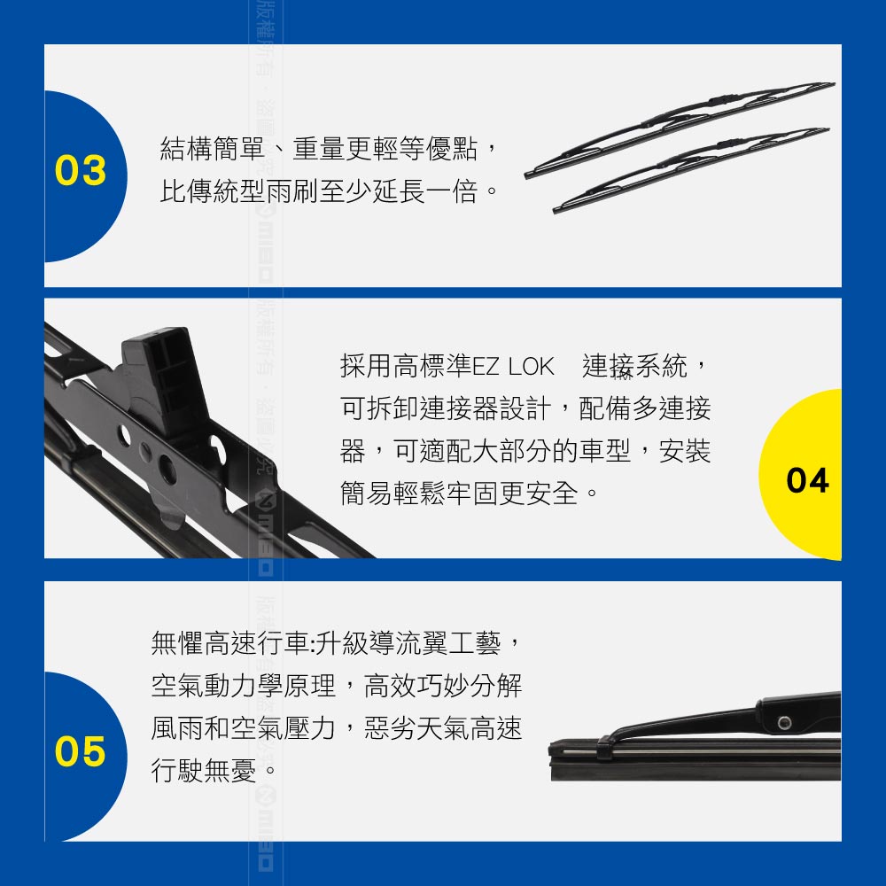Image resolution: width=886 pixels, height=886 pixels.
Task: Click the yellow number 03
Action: [x=81, y=170]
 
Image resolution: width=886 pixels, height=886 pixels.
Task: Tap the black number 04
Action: [x=807, y=480]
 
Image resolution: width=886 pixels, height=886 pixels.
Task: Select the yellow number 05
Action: [x=81, y=751]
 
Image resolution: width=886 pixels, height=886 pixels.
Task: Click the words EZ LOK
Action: [x=513, y=367]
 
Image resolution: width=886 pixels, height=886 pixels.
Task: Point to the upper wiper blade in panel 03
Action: [x=680, y=130]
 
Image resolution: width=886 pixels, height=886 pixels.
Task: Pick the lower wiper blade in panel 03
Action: [x=691, y=170]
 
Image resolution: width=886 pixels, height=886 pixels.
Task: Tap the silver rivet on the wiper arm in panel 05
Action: [x=784, y=723]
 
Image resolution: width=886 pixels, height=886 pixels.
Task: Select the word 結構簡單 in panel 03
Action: [x=213, y=149]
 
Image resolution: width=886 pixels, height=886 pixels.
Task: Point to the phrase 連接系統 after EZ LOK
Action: [x=634, y=366]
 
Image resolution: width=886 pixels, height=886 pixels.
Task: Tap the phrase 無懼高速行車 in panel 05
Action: [x=230, y=643]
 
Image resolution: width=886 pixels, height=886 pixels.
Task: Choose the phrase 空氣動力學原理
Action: [x=244, y=686]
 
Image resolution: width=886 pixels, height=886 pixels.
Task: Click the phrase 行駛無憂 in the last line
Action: [x=204, y=770]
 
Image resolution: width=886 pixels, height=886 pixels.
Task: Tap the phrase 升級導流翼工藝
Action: [x=408, y=643]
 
